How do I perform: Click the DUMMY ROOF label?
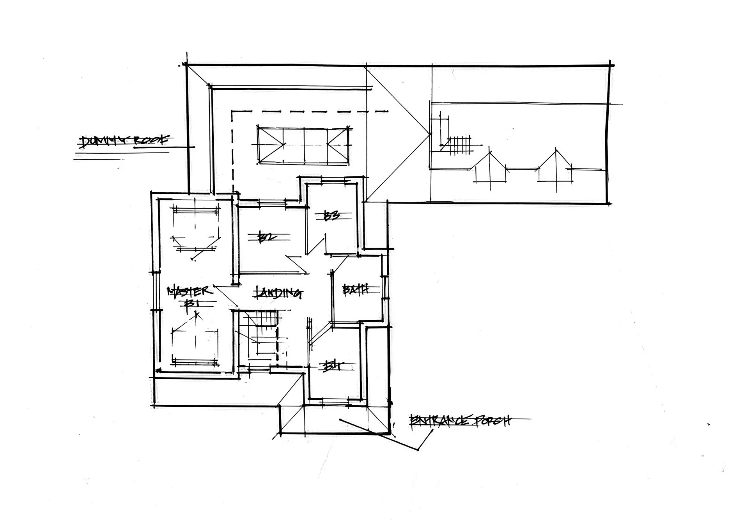[124, 142]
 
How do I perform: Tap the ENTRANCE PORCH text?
[460, 421]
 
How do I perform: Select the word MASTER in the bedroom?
[190, 291]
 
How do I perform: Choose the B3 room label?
[333, 216]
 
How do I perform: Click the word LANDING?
[278, 292]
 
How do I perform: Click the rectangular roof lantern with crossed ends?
[303, 144]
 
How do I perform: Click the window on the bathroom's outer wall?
[384, 277]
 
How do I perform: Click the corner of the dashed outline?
[232, 112]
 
